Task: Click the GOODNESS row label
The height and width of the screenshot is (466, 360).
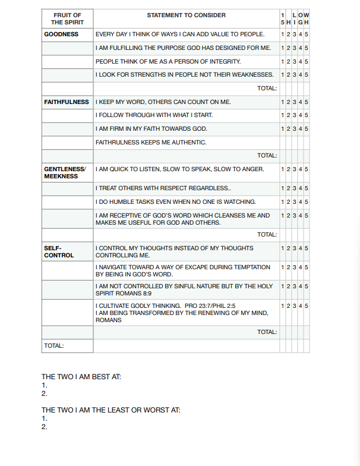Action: click(61, 34)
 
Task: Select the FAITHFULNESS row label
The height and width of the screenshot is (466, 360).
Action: click(67, 102)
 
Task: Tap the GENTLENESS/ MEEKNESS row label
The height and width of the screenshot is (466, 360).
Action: click(65, 173)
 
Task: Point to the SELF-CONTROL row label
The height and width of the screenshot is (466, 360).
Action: click(59, 251)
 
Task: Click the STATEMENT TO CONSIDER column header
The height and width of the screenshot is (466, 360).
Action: click(186, 15)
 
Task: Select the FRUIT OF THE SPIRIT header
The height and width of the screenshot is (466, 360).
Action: click(67, 18)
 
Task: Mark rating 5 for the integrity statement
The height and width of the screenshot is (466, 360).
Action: click(307, 62)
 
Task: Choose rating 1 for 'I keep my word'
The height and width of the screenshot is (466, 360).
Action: click(282, 102)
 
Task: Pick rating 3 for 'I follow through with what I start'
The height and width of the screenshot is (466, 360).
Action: click(294, 115)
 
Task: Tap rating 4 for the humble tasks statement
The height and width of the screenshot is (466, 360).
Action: click(300, 202)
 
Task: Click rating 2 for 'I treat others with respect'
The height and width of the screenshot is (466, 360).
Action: click(288, 188)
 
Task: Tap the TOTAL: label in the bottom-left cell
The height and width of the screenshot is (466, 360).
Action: click(54, 345)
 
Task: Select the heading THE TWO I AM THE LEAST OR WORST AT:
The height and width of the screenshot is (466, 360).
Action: click(110, 410)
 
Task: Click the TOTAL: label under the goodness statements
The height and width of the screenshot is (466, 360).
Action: click(267, 89)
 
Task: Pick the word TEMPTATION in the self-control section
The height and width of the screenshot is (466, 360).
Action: click(252, 267)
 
